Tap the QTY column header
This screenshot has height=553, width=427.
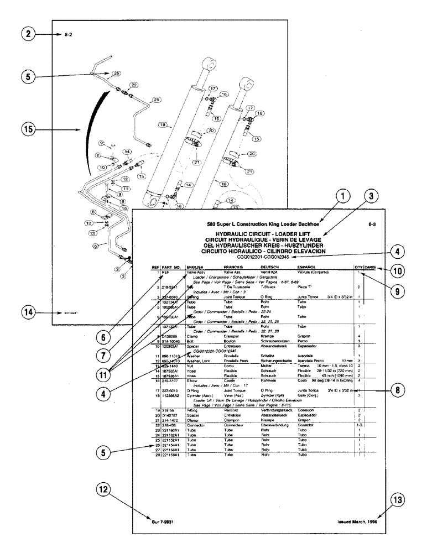pyautogui.click(x=358, y=267)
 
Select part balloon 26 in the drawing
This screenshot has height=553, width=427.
pyautogui.click(x=116, y=74)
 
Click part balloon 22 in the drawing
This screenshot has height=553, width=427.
pyautogui.click(x=133, y=85)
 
